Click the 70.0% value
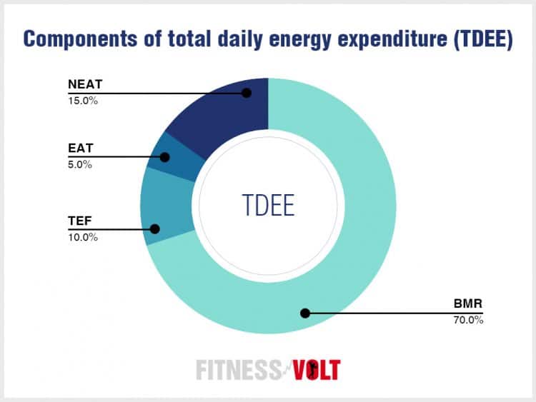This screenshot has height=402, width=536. coord(467,321)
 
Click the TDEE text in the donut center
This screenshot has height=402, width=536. coord(268,205)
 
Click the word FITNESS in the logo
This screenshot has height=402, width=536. coord(238,370)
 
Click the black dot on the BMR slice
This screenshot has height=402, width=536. coord(304,313)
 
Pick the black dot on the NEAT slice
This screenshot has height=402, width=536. coord(247,93)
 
